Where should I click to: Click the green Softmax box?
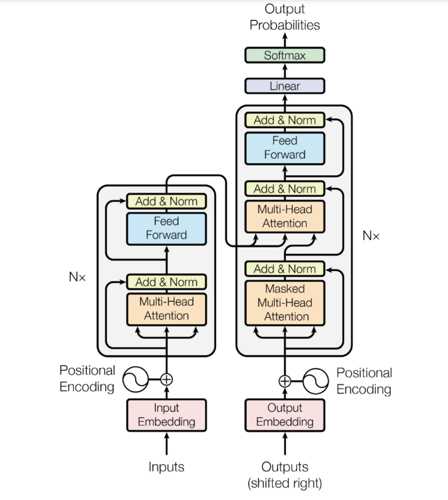(284, 55)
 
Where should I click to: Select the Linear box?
(284, 86)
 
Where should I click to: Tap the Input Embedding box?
(167, 415)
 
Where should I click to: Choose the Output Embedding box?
(284, 415)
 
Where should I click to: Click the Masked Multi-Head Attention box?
(284, 303)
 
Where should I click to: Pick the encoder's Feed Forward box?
(167, 229)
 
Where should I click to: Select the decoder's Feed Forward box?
(284, 148)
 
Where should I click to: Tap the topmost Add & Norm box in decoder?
(284, 120)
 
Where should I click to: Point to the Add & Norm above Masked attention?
(284, 269)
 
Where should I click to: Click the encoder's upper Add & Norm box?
(167, 201)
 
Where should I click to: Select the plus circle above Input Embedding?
(167, 379)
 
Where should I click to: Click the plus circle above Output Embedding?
(284, 381)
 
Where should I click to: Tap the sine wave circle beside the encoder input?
(135, 379)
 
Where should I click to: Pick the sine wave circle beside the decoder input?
(316, 381)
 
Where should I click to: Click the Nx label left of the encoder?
(77, 277)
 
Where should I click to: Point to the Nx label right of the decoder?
(371, 236)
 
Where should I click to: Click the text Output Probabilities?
(284, 17)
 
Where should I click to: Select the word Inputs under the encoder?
(167, 467)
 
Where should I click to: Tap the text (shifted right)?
(284, 483)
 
